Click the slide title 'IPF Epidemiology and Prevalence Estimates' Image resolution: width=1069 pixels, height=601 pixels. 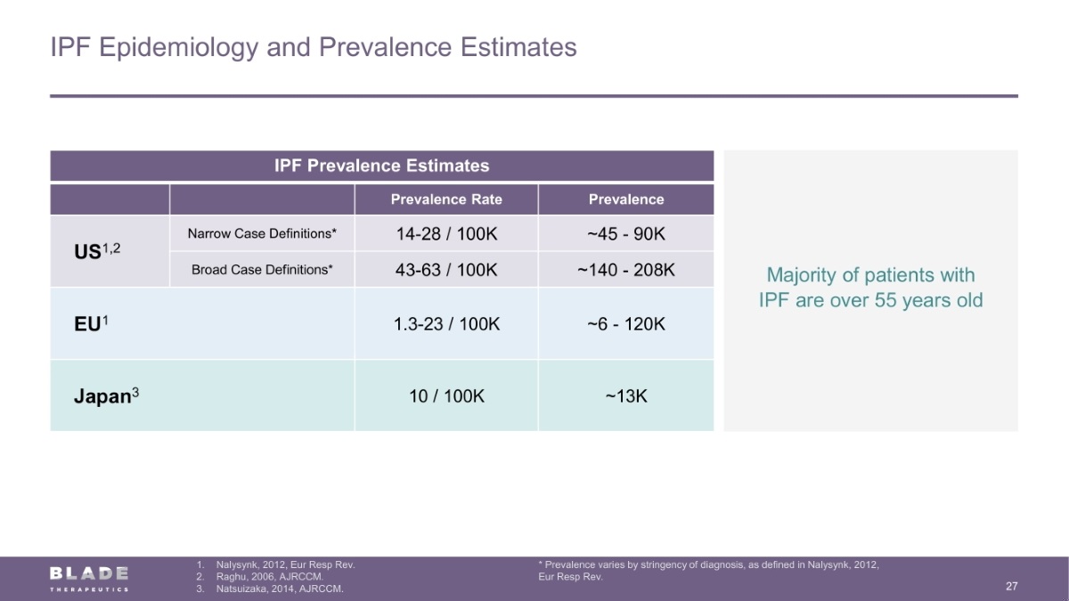[314, 46]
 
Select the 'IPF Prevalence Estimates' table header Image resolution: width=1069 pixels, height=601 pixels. [381, 166]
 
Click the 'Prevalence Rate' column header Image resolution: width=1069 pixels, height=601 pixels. [446, 199]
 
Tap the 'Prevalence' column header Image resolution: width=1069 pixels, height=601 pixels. [626, 199]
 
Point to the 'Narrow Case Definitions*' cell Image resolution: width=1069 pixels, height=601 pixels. [262, 233]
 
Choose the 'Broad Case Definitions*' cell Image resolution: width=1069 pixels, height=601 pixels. [262, 269]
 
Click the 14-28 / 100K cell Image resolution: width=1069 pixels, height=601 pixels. [446, 233]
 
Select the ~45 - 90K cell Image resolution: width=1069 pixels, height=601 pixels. [626, 233]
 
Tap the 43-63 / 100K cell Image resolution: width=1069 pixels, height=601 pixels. [446, 269]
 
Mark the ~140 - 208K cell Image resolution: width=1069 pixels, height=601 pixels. [626, 269]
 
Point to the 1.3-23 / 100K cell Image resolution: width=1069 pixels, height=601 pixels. [446, 324]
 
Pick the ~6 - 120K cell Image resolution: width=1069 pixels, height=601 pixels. [626, 324]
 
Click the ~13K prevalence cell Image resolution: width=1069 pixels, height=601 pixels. [626, 396]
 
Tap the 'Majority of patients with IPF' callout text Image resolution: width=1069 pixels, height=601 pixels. [870, 288]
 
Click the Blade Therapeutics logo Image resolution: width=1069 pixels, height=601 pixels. [89, 578]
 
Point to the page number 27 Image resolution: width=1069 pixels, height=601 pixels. [1011, 586]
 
